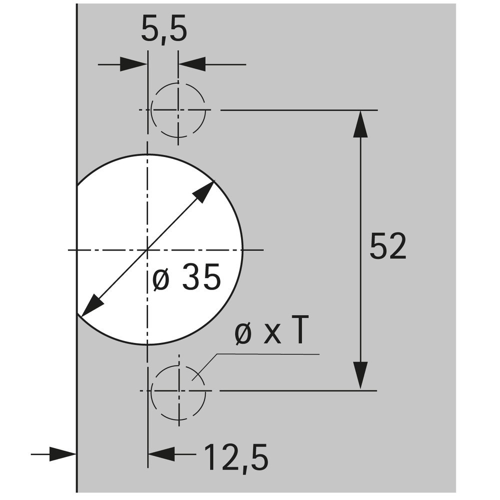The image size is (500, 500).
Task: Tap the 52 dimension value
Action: point(388,246)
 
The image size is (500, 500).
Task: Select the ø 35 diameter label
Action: point(186,277)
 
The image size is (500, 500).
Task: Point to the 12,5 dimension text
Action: point(236,457)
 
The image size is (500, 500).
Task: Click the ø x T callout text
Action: point(271,330)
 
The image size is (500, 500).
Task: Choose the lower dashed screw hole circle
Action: point(178,391)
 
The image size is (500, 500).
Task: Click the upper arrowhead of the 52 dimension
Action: point(360,124)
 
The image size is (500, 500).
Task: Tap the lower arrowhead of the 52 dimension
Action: point(360,375)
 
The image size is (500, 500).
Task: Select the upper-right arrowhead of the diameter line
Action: point(204,191)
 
